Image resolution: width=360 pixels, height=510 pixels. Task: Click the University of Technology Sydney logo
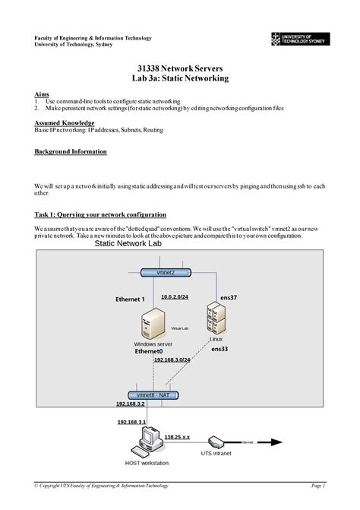pos(297,40)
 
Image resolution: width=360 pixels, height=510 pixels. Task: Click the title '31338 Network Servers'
pos(179,67)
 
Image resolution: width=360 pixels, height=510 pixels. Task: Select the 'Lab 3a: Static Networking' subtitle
pos(179,78)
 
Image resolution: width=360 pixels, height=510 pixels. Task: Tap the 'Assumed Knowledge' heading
pos(65,122)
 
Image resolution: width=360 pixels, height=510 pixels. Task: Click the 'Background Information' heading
pos(71,151)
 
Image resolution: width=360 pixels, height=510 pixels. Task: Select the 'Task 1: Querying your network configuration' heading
pos(100,215)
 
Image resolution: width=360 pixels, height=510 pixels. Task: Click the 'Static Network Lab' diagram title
pos(128,245)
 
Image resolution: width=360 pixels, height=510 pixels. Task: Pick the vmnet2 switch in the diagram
pos(166,272)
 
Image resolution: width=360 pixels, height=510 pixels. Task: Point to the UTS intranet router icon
pos(216,441)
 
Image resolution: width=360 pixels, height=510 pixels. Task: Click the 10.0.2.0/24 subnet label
pos(175,298)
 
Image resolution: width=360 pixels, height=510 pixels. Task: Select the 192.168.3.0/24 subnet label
pos(172,360)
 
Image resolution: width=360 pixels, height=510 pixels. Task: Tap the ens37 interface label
pos(229,298)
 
